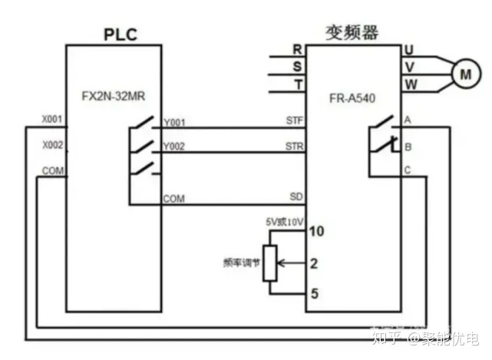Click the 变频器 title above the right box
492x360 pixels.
click(354, 31)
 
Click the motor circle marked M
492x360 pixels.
click(464, 74)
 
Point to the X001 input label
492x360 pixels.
click(51, 121)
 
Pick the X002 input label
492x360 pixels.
click(51, 145)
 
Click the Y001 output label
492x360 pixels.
click(174, 123)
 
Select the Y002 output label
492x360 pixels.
click(174, 147)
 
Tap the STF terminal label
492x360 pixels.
click(294, 121)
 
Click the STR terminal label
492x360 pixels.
click(294, 146)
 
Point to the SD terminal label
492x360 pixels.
click(296, 197)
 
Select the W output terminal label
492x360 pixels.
click(410, 84)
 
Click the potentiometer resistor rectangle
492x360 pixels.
click(269, 263)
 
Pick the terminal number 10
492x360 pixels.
click(315, 230)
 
